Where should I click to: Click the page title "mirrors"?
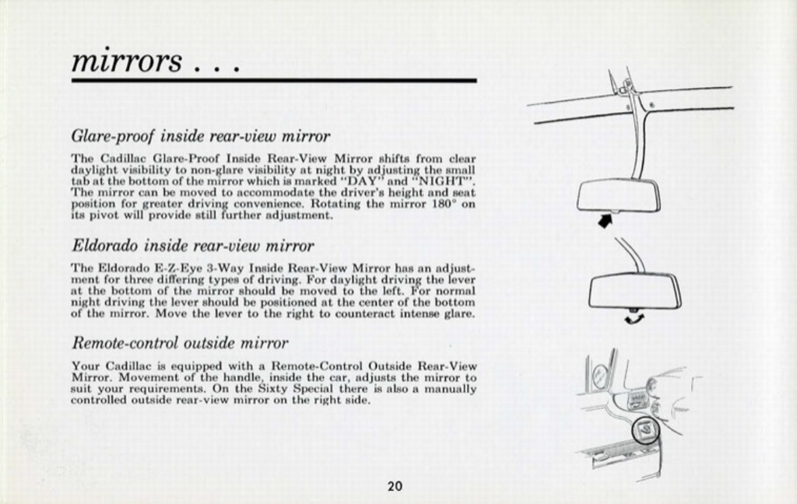coord(126,61)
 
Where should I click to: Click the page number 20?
coord(395,487)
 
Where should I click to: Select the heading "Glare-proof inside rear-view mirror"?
coord(201,136)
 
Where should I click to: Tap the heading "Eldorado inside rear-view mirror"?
coord(193,246)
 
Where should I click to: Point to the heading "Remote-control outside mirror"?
coord(180,343)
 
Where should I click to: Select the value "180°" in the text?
coord(444,204)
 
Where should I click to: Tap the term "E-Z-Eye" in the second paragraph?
coord(165,268)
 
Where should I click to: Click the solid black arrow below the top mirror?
coord(605,222)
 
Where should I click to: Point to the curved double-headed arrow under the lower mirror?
coord(634,317)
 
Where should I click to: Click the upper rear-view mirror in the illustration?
coord(618,195)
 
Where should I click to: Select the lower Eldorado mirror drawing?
coord(634,291)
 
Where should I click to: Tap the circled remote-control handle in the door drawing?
coord(644,430)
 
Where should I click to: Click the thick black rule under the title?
coord(273,80)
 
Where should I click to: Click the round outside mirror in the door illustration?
coord(600,376)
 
